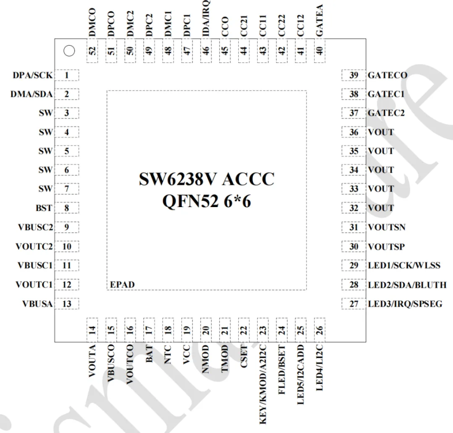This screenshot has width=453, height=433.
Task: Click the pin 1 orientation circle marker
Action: coord(69,51)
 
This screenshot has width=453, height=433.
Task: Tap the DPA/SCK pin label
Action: coord(33,75)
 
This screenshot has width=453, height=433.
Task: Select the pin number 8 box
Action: coord(67,208)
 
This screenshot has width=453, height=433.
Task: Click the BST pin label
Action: coord(44,208)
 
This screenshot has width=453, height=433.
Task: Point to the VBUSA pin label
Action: coord(38,304)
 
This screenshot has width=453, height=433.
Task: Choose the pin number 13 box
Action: coord(67,304)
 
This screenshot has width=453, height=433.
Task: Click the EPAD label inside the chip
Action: coord(122,284)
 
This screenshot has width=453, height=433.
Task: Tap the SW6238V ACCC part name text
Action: coord(207,179)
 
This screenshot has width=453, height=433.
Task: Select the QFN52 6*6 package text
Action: coord(207,201)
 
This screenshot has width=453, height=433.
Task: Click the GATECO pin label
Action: coord(387,75)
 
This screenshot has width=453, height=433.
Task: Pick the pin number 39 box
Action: coord(353,75)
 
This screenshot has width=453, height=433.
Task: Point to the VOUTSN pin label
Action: coord(386,227)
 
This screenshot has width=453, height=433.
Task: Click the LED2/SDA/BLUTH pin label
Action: coord(407,285)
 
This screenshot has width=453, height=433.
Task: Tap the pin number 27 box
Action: coord(353,304)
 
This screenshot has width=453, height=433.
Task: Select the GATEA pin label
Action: coord(319,20)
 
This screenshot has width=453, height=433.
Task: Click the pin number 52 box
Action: coord(92,51)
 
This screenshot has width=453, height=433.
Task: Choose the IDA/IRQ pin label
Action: coord(206,18)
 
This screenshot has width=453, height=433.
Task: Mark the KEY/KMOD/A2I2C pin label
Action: coord(263,384)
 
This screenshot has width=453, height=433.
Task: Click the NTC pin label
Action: coord(168,354)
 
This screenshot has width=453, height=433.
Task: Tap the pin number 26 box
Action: coord(319,330)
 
